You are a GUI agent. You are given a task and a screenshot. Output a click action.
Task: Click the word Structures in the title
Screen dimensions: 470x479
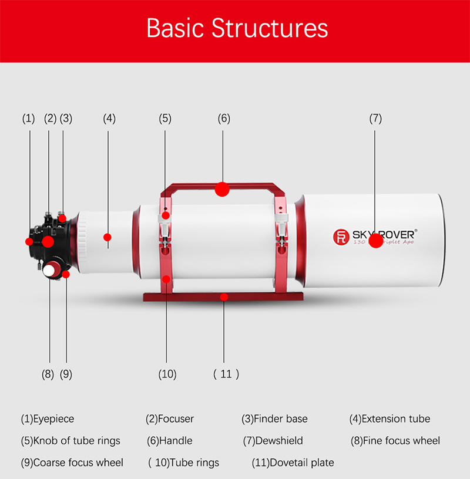(x=270, y=28)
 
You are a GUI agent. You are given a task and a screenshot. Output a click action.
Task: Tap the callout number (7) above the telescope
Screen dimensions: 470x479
(x=375, y=119)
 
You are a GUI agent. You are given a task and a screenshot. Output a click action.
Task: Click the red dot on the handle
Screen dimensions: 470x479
(x=222, y=190)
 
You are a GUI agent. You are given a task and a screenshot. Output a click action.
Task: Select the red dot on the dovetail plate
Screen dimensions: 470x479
(x=224, y=297)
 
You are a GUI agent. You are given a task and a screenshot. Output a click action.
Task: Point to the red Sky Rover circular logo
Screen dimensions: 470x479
(x=341, y=237)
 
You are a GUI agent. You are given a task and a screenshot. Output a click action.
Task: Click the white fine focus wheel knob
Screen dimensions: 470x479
(x=49, y=271)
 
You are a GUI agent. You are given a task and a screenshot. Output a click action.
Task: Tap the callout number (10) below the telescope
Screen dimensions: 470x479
(x=167, y=375)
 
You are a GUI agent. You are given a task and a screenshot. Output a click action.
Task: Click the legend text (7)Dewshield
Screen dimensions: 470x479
(x=273, y=440)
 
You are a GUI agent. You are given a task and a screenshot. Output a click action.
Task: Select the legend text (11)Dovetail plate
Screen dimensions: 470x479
(x=293, y=463)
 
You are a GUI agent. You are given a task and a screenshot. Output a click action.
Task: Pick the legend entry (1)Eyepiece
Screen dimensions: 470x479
(x=48, y=419)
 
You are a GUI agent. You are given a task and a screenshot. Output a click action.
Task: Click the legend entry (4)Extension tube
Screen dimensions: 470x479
(x=390, y=419)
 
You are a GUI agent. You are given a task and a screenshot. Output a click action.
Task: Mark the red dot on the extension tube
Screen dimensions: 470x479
(x=108, y=237)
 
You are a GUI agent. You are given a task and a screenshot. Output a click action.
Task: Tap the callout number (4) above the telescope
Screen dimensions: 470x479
(x=109, y=119)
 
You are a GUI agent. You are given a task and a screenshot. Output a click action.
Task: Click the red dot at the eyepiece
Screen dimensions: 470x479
(x=29, y=242)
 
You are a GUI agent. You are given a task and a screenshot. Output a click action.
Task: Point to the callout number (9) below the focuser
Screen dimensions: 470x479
(x=66, y=375)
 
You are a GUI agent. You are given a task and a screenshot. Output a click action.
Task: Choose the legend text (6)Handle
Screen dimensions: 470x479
(x=170, y=440)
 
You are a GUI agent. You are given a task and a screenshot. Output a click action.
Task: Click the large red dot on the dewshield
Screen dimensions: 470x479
(x=376, y=241)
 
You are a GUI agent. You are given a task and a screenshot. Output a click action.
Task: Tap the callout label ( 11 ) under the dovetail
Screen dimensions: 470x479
(x=226, y=375)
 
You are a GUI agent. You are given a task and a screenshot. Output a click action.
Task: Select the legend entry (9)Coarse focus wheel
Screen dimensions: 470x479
(x=72, y=463)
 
